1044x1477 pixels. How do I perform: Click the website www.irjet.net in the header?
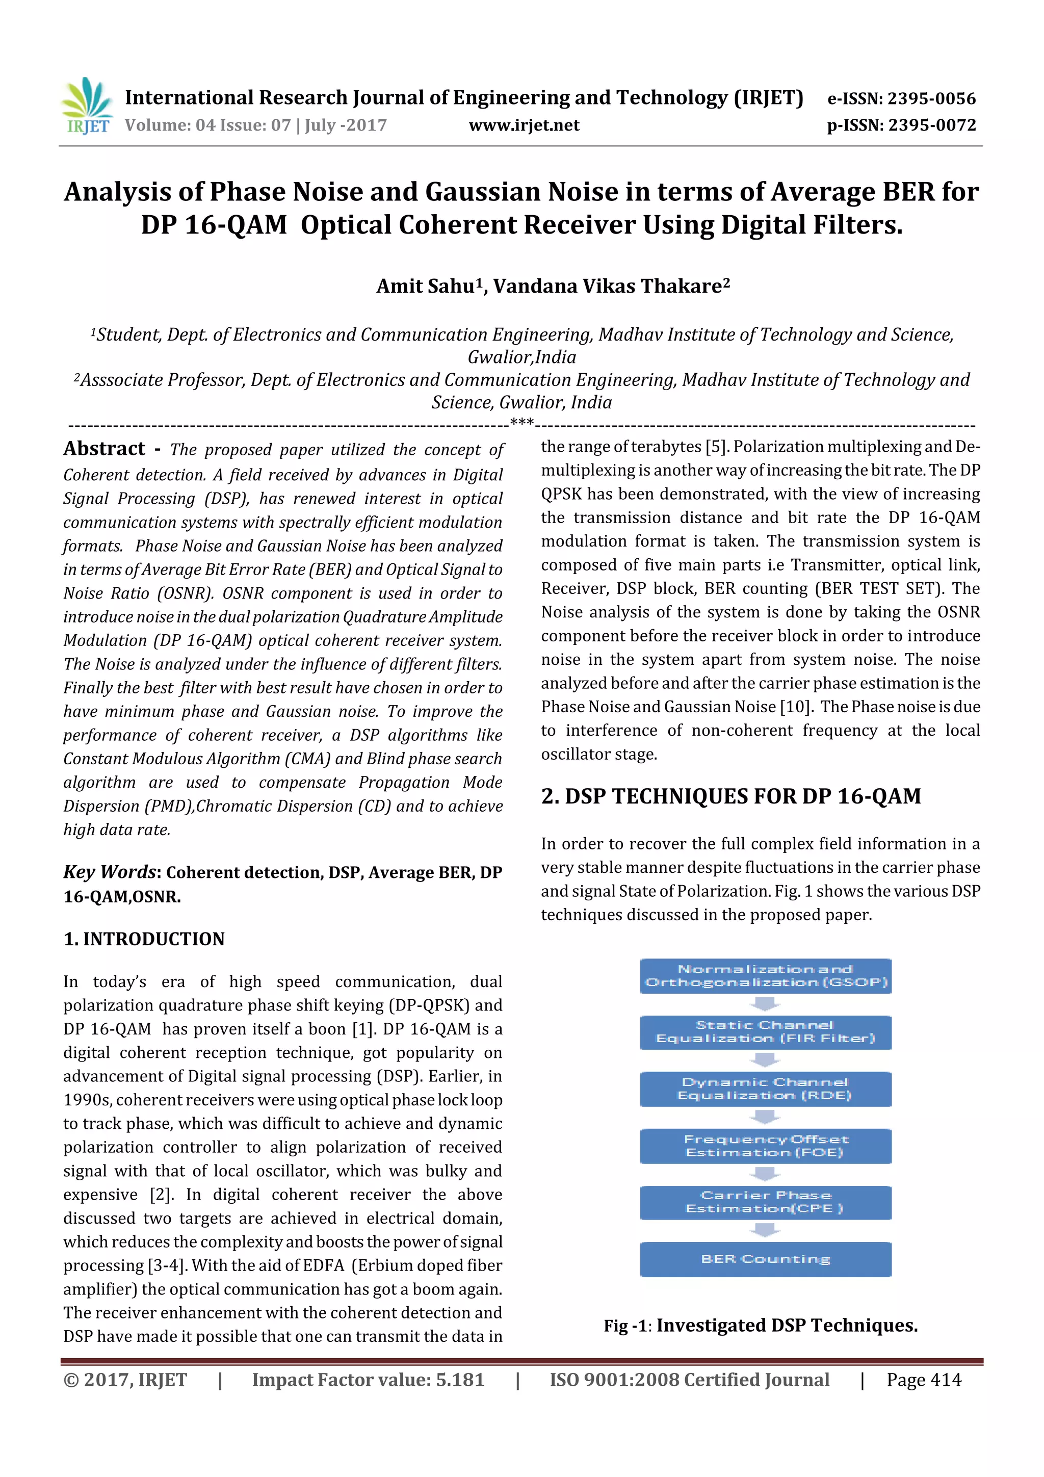coord(524,125)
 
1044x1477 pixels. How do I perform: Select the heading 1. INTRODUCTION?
coord(144,939)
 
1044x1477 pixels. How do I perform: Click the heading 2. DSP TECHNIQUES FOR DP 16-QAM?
coord(730,796)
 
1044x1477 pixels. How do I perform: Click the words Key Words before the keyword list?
coord(110,872)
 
